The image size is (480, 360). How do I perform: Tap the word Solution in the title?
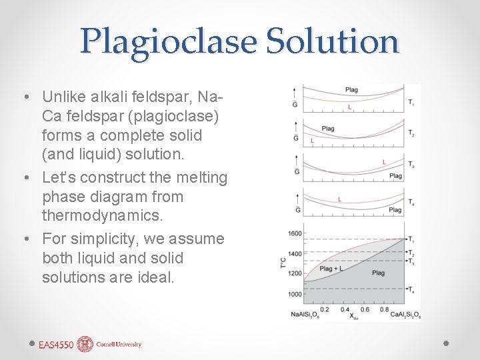(x=332, y=41)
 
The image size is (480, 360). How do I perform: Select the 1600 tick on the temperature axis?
(x=295, y=233)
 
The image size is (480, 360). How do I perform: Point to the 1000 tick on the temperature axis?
(x=295, y=294)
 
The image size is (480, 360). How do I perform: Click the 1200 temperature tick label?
(x=295, y=273)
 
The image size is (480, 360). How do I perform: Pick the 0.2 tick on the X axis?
(x=325, y=310)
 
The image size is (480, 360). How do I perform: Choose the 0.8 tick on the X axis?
(x=384, y=310)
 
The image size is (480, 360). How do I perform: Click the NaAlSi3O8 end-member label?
(x=305, y=315)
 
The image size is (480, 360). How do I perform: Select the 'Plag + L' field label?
(x=331, y=269)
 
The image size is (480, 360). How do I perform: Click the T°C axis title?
(x=284, y=264)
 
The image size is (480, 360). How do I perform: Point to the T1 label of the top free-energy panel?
(x=411, y=102)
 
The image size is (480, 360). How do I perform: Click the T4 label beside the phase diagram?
(x=411, y=290)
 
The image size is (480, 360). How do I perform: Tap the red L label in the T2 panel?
(x=312, y=141)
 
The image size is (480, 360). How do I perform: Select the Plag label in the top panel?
(x=351, y=90)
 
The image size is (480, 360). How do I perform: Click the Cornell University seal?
(x=85, y=344)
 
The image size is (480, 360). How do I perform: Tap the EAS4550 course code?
(x=57, y=345)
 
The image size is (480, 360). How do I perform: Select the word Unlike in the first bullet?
(x=63, y=97)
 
